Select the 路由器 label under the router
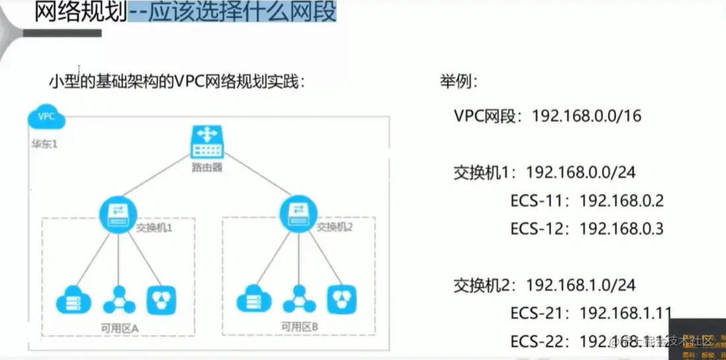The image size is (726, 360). click(x=209, y=167)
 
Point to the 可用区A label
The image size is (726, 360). click(x=119, y=327)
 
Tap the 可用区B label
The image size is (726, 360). click(x=299, y=326)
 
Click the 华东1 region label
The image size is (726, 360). click(x=45, y=144)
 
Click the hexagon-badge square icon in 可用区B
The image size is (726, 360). click(x=342, y=299)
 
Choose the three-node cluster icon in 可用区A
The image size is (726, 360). click(x=119, y=299)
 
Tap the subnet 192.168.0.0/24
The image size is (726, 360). click(x=580, y=172)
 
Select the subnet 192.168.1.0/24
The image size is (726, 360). click(x=580, y=285)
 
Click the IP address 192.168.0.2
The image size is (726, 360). click(x=621, y=200)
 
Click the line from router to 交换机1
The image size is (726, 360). click(x=158, y=178)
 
